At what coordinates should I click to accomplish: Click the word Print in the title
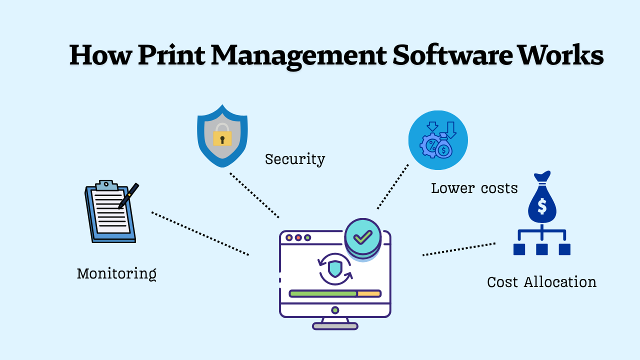pyautogui.click(x=171, y=55)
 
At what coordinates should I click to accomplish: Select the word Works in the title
pyautogui.click(x=560, y=55)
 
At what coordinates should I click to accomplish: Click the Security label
pyautogui.click(x=295, y=159)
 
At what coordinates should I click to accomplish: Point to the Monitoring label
pyautogui.click(x=116, y=273)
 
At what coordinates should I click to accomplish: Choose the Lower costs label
pyautogui.click(x=474, y=188)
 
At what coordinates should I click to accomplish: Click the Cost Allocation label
pyautogui.click(x=541, y=282)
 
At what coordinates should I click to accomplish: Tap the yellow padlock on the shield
pyautogui.click(x=222, y=137)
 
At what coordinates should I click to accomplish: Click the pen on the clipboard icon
pyautogui.click(x=128, y=196)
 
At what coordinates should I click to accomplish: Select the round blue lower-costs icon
pyautogui.click(x=438, y=140)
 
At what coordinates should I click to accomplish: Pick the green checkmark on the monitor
pyautogui.click(x=362, y=237)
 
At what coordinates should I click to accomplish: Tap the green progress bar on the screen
pyautogui.click(x=323, y=293)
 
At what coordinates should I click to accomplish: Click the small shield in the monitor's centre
pyautogui.click(x=335, y=268)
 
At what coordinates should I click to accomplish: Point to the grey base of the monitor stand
pyautogui.click(x=335, y=326)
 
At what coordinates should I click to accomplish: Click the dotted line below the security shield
pyautogui.click(x=254, y=195)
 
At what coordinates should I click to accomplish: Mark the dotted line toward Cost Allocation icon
pyautogui.click(x=458, y=249)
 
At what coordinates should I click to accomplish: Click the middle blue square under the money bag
pyautogui.click(x=542, y=249)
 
